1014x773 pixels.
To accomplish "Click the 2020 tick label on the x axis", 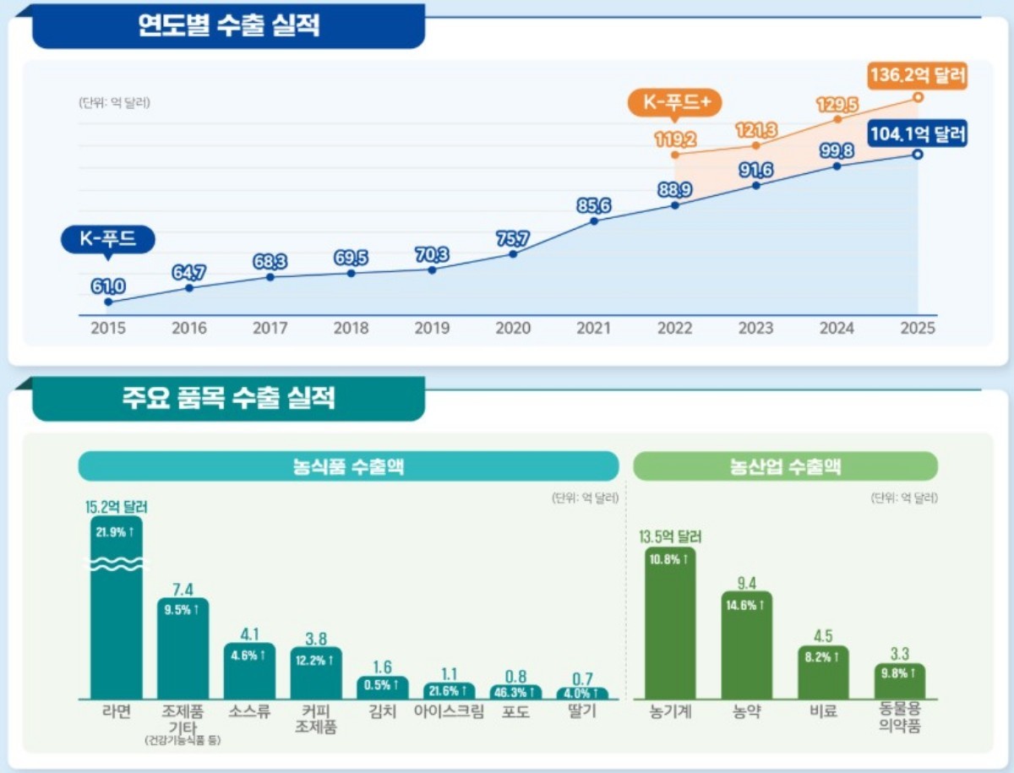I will click(513, 329).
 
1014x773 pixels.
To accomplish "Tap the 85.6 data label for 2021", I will click(594, 204).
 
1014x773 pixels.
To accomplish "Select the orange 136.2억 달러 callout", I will click(917, 75).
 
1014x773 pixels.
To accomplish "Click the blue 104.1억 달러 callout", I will click(917, 133).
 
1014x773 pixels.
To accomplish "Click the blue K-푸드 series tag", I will click(107, 239).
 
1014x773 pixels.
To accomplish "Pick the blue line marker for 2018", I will click(351, 273).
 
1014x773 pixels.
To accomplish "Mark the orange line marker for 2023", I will click(755, 145).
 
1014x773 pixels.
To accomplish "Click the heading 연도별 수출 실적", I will click(228, 26).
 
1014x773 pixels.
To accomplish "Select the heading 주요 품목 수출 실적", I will click(228, 398).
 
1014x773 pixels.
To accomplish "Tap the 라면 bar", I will click(117, 608).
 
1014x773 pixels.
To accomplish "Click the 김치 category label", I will click(382, 711).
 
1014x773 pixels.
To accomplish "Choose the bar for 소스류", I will click(249, 671).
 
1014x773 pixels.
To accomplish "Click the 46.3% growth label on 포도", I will click(515, 692).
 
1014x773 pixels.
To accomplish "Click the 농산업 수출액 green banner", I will click(785, 466).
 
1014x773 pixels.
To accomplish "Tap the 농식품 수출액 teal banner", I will click(348, 466).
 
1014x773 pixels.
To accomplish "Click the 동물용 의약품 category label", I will click(899, 719).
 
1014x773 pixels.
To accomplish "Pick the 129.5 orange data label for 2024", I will click(837, 105).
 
